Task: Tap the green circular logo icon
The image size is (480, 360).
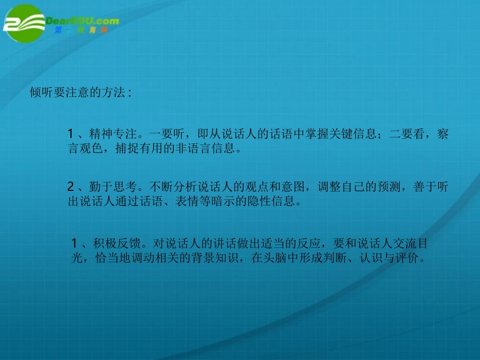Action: click(24, 24)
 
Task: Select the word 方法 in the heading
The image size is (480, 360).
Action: click(113, 94)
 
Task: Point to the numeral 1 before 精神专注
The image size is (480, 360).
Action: click(71, 134)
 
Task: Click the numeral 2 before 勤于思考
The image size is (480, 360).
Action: click(71, 187)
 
